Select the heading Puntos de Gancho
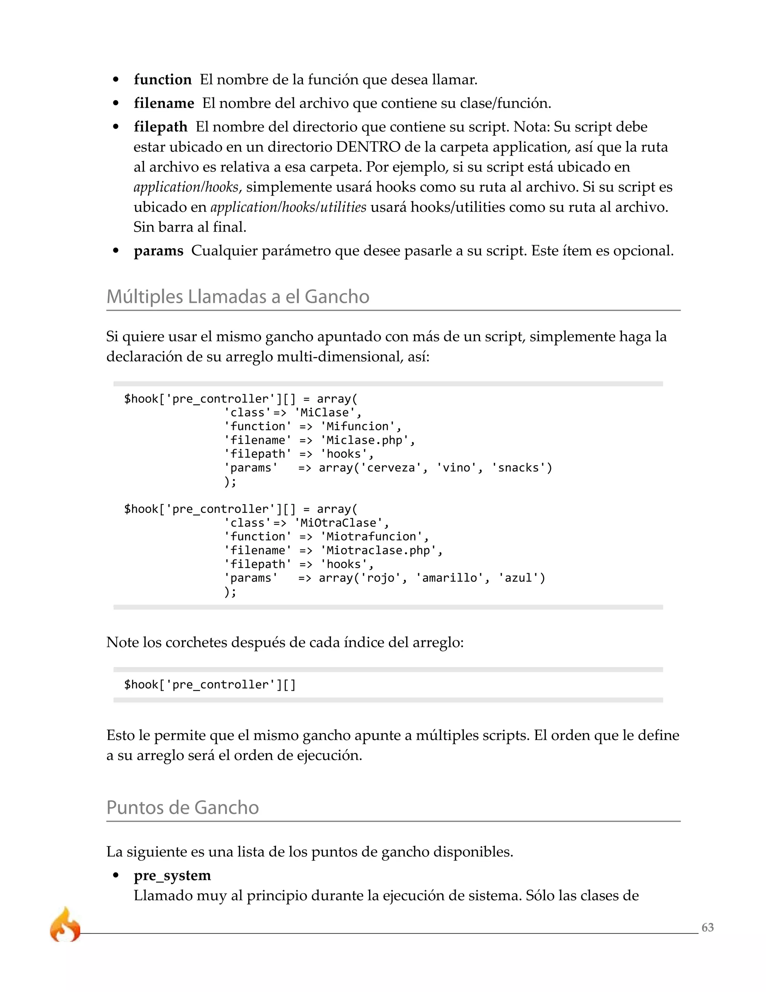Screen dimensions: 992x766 pyautogui.click(x=183, y=807)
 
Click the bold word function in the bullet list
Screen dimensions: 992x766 pyautogui.click(x=162, y=80)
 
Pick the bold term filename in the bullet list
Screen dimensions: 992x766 pyautogui.click(x=164, y=104)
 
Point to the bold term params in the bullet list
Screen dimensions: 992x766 pyautogui.click(x=158, y=251)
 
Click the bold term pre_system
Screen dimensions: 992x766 pyautogui.click(x=172, y=875)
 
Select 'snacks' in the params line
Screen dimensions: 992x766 pyautogui.click(x=519, y=468)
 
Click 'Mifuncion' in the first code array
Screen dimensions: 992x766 pyautogui.click(x=358, y=426)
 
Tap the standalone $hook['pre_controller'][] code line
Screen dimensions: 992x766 pyautogui.click(x=210, y=685)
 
